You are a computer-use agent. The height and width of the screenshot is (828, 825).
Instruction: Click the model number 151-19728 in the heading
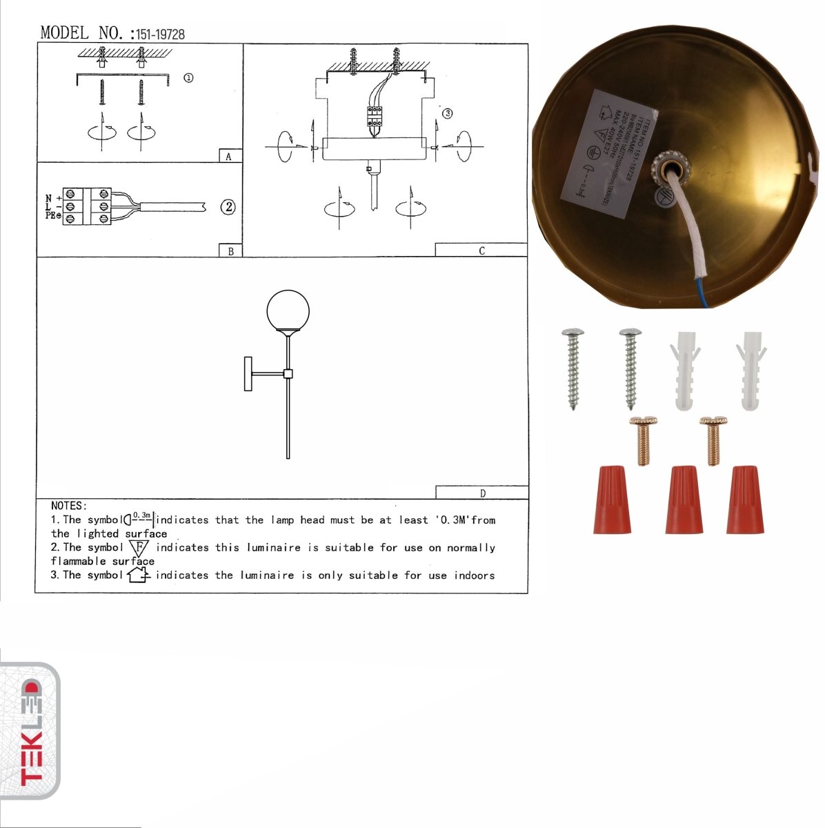coord(160,34)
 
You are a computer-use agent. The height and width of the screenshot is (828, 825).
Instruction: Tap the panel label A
coord(229,157)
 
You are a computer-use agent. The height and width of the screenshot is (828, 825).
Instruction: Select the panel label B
coord(230,251)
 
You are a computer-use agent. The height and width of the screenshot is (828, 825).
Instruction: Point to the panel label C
coord(481,250)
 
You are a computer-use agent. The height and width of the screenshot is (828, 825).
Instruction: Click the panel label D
coord(482,493)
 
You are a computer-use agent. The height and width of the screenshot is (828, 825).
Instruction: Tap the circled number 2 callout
coord(228,206)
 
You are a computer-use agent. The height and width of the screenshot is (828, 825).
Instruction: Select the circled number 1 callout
coord(188,78)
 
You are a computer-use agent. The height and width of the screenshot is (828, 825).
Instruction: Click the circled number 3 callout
coord(447,113)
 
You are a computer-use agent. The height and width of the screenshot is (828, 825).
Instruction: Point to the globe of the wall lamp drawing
coord(288,312)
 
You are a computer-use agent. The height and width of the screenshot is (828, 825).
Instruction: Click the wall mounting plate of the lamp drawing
coord(248,373)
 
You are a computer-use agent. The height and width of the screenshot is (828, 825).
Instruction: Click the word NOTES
coord(68,506)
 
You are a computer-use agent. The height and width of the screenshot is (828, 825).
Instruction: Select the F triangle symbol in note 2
coord(139,548)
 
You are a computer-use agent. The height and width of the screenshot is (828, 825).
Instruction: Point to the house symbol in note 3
coord(139,574)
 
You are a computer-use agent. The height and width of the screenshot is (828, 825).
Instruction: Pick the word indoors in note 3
coord(474,575)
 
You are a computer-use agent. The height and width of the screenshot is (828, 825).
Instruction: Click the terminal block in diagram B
coord(87,206)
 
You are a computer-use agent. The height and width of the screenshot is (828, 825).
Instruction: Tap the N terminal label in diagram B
coord(49,198)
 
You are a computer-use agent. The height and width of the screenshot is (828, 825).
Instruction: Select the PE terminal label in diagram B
coord(50,216)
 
